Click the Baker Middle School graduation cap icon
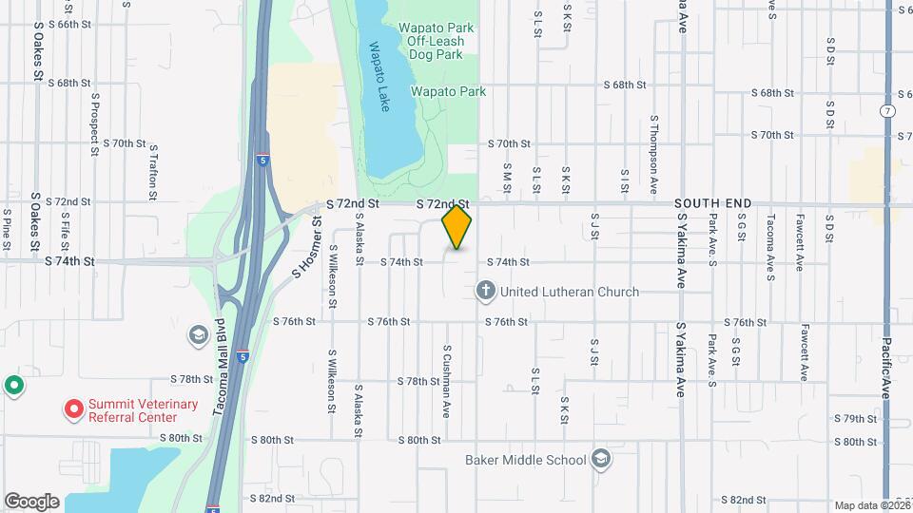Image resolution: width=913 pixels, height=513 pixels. (x=601, y=460)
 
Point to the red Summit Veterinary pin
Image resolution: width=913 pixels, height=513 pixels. (x=73, y=410)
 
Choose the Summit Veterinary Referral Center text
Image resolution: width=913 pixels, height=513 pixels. (x=144, y=410)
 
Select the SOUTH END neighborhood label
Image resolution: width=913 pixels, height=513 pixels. (x=713, y=203)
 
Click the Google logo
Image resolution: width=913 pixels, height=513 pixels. (x=31, y=501)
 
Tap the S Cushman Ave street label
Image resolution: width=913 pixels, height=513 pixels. (x=446, y=380)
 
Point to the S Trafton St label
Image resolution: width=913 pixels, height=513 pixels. (x=153, y=170)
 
